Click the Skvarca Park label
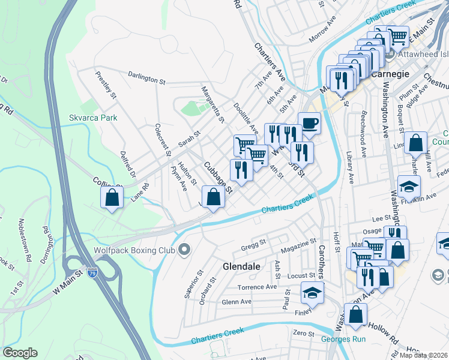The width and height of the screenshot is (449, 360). coord(93,118)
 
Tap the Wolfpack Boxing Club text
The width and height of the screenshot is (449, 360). coord(133,250)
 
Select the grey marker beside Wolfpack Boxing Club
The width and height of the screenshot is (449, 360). coord(184,249)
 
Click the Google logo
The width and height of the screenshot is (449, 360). coord(20,353)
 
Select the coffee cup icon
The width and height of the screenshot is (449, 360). coord(309,123)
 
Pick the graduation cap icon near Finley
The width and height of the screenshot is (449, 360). coord(312,293)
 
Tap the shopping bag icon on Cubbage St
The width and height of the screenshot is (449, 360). coord(213,196)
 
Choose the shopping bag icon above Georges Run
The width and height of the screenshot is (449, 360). coord(356,313)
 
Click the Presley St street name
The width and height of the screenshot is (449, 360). coord(105,84)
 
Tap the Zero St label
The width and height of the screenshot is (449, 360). coord(303,333)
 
